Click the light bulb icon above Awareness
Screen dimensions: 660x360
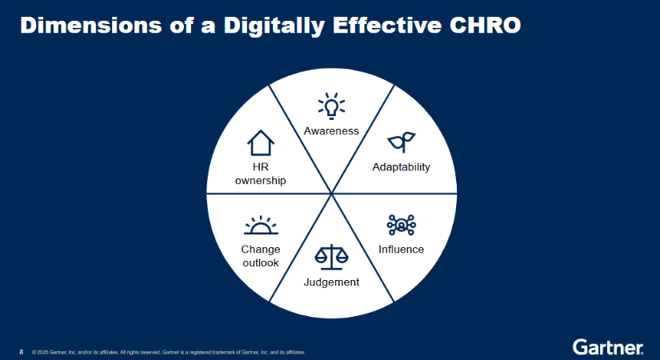tap(331, 106)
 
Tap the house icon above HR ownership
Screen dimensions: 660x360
tap(261, 143)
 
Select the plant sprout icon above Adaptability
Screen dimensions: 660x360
tap(401, 142)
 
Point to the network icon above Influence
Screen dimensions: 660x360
tap(401, 225)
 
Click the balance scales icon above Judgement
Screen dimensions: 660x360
tap(332, 257)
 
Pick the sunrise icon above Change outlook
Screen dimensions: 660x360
tap(261, 226)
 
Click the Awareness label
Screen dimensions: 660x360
tap(331, 131)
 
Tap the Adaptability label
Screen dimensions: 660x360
tap(401, 167)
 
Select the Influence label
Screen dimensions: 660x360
tap(401, 250)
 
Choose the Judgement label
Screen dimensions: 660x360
tap(332, 282)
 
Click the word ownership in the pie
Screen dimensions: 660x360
tap(261, 181)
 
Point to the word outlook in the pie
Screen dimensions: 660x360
tap(261, 262)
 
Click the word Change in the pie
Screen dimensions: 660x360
tap(261, 250)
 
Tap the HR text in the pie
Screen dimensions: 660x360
tap(261, 167)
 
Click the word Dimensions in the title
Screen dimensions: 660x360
tap(91, 26)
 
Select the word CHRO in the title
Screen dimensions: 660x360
tap(485, 26)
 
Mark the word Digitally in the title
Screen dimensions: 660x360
tap(274, 26)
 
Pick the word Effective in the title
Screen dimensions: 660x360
tap(387, 26)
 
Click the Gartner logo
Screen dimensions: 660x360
tap(608, 347)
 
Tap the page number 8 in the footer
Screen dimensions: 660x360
tap(22, 352)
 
